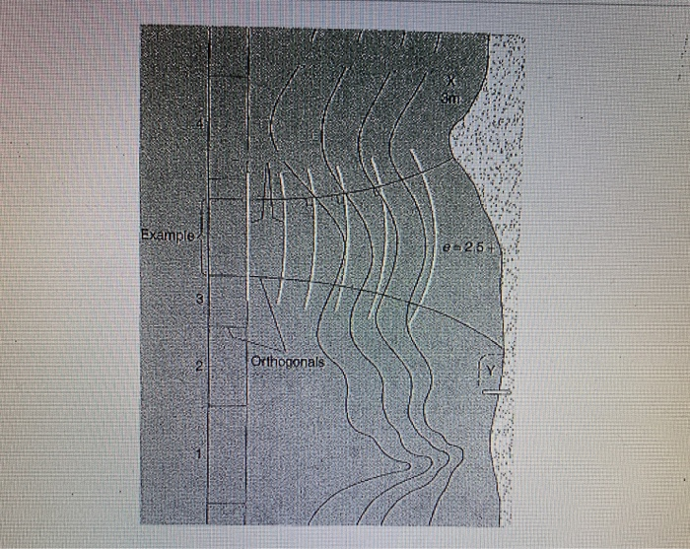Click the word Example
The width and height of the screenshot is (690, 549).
point(169,236)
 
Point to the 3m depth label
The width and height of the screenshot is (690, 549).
point(450,98)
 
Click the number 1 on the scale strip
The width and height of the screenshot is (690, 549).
point(199,454)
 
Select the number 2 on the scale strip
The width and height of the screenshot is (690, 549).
point(198,369)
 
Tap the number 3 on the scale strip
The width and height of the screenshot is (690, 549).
point(199,298)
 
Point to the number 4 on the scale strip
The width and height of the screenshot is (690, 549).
point(199,125)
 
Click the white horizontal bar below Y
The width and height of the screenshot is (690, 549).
point(497,391)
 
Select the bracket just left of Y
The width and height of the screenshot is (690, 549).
point(482,369)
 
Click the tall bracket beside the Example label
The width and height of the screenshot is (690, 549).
point(203,237)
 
